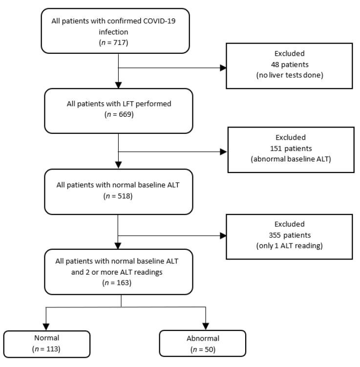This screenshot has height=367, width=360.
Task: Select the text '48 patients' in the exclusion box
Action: click(x=288, y=65)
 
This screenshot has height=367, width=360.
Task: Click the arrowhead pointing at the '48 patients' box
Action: click(x=223, y=68)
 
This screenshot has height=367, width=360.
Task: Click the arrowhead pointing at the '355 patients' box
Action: click(x=223, y=236)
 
